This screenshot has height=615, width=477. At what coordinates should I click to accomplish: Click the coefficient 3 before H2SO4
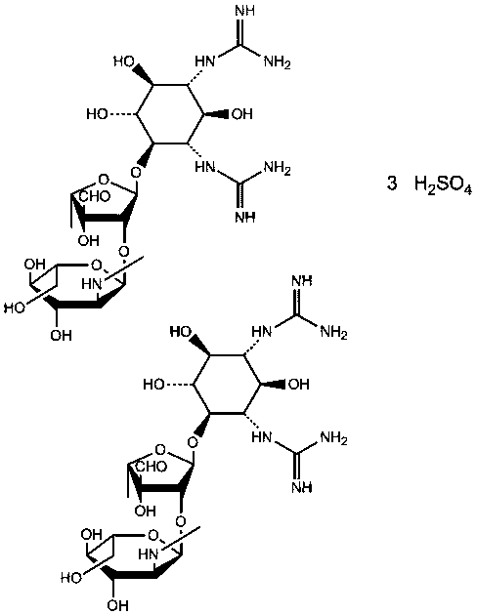[392, 184]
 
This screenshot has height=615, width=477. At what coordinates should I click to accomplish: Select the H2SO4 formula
[443, 184]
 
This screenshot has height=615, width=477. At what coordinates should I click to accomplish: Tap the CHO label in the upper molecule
[95, 196]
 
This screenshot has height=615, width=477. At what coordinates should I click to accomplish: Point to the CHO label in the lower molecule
[152, 467]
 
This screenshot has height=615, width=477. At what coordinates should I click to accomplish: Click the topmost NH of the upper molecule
[245, 10]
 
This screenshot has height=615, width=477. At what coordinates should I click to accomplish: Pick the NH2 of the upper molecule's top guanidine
[277, 62]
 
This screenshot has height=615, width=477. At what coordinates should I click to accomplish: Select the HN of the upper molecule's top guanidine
[205, 61]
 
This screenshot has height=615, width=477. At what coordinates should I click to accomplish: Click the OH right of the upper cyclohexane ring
[241, 114]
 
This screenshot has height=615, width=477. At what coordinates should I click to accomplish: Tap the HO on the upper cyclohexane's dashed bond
[97, 114]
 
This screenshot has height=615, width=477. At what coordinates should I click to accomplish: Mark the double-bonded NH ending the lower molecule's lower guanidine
[302, 487]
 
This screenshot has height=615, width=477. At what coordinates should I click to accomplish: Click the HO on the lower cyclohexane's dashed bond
[153, 385]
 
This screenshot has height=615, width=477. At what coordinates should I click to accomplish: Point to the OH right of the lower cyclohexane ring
[298, 385]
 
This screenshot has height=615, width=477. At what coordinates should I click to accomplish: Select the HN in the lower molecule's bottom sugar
[149, 554]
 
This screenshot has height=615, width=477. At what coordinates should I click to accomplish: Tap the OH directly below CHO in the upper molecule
[89, 240]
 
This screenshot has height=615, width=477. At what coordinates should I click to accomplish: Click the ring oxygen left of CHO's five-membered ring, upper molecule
[104, 180]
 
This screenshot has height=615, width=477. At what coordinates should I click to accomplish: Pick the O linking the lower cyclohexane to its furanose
[193, 443]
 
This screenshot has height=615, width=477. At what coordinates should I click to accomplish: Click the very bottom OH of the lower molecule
[117, 605]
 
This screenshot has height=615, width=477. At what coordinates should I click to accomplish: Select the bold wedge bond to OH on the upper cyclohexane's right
[216, 114]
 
